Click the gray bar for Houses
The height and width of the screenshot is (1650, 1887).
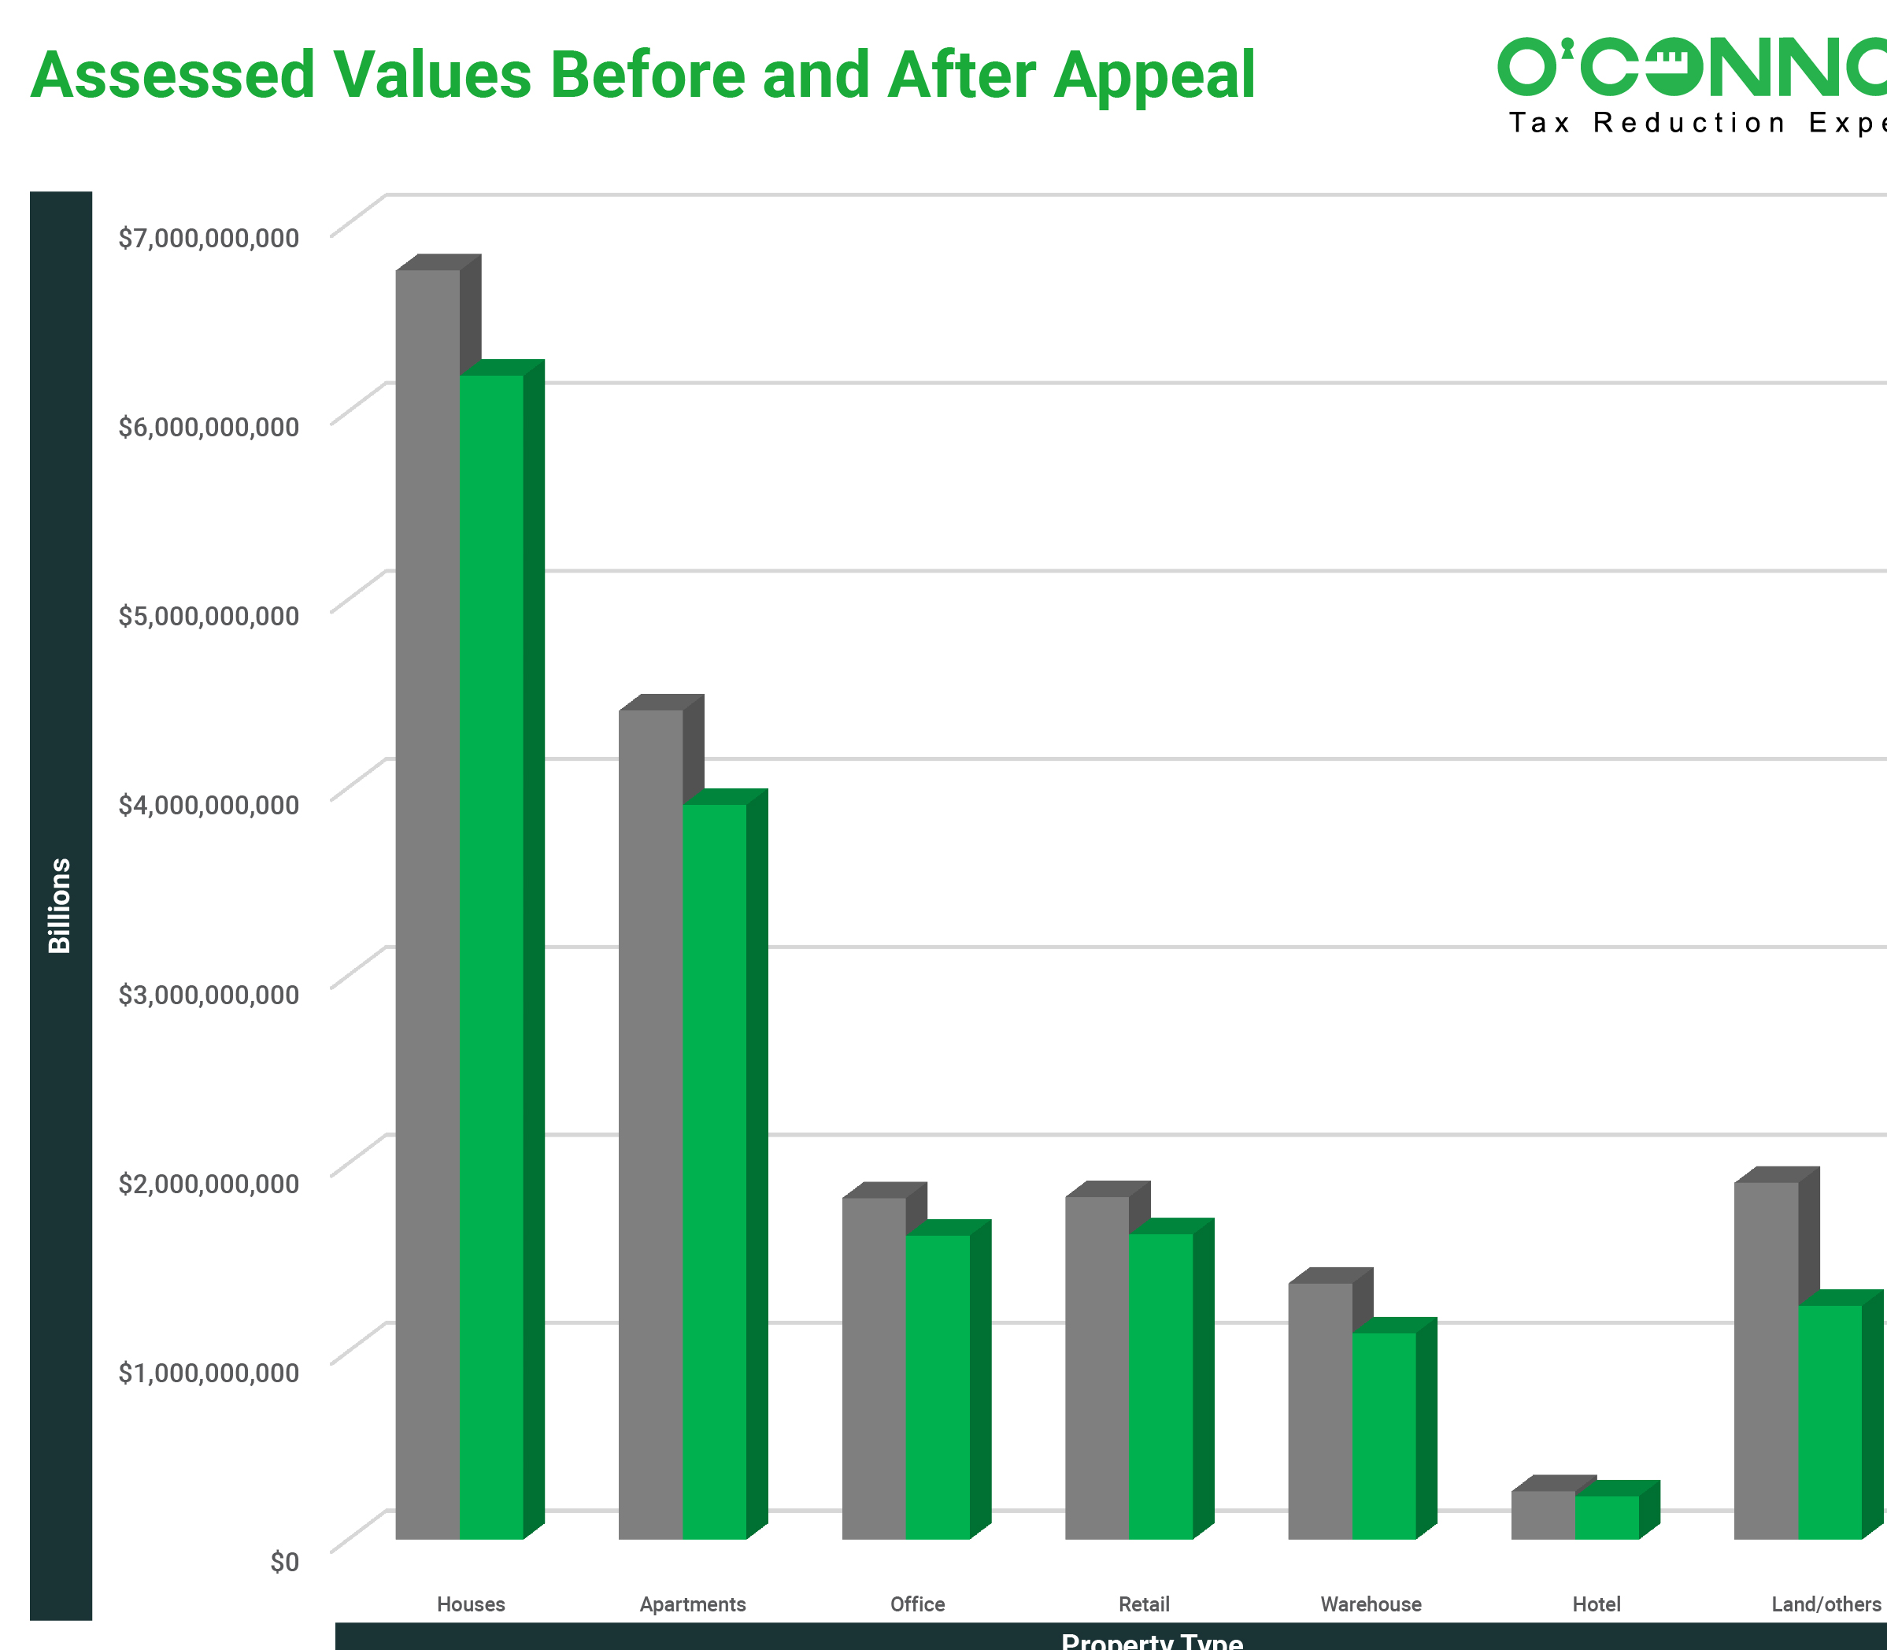tap(427, 903)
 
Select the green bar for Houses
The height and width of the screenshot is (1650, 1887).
tap(491, 958)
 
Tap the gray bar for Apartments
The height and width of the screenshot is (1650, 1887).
tap(651, 1123)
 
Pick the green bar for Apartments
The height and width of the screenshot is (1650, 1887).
tap(714, 1170)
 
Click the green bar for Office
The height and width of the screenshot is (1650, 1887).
tap(938, 1385)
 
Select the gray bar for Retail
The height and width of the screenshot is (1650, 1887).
tap(1097, 1367)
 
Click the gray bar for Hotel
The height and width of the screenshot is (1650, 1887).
tap(1543, 1515)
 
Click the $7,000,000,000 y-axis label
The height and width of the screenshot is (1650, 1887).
tap(209, 238)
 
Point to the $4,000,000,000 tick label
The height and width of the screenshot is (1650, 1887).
tap(209, 805)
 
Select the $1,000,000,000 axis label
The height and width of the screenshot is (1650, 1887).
tap(209, 1372)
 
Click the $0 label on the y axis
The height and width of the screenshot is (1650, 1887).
tap(284, 1562)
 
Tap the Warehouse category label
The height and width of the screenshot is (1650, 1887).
tap(1371, 1604)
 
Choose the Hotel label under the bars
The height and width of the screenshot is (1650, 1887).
tap(1597, 1604)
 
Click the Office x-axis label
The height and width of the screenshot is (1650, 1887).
tap(917, 1604)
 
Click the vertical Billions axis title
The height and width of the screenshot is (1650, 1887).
tap(60, 905)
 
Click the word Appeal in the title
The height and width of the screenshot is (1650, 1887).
tap(1154, 76)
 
